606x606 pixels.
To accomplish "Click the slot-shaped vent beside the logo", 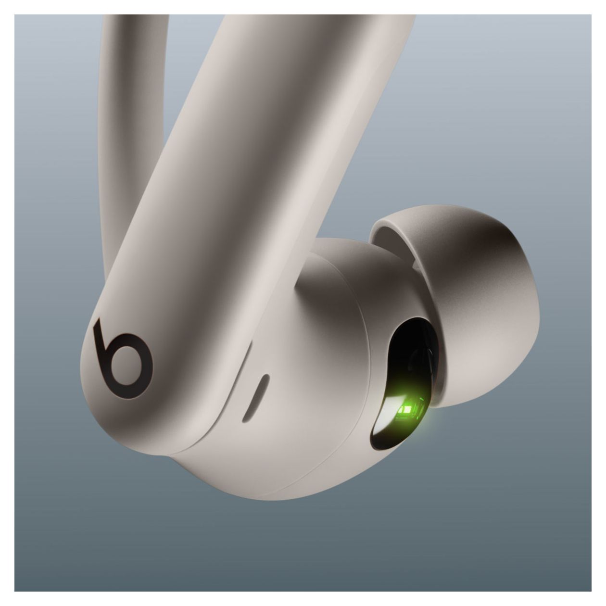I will [x=255, y=397].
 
